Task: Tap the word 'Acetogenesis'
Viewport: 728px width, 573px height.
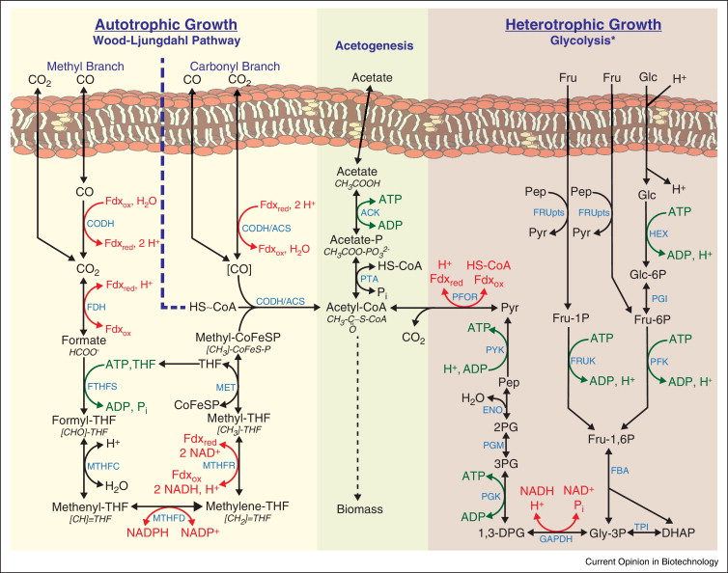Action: [x=373, y=44]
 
